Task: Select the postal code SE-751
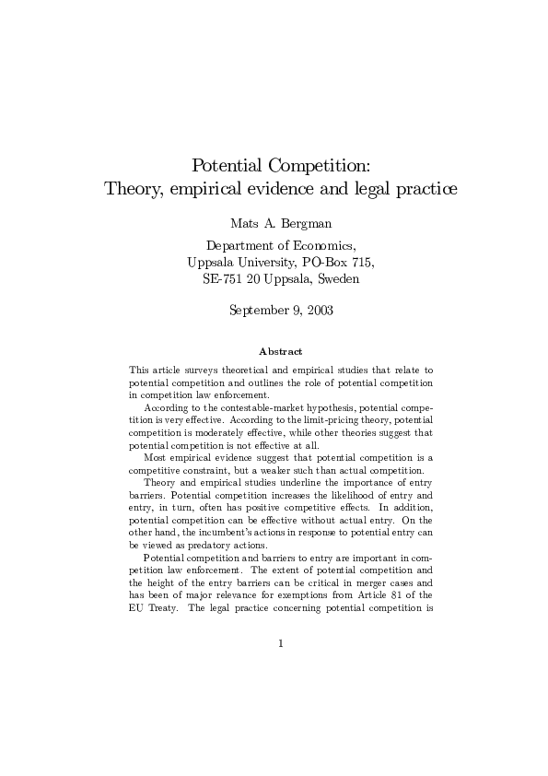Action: click(221, 278)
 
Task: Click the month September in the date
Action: click(259, 310)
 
